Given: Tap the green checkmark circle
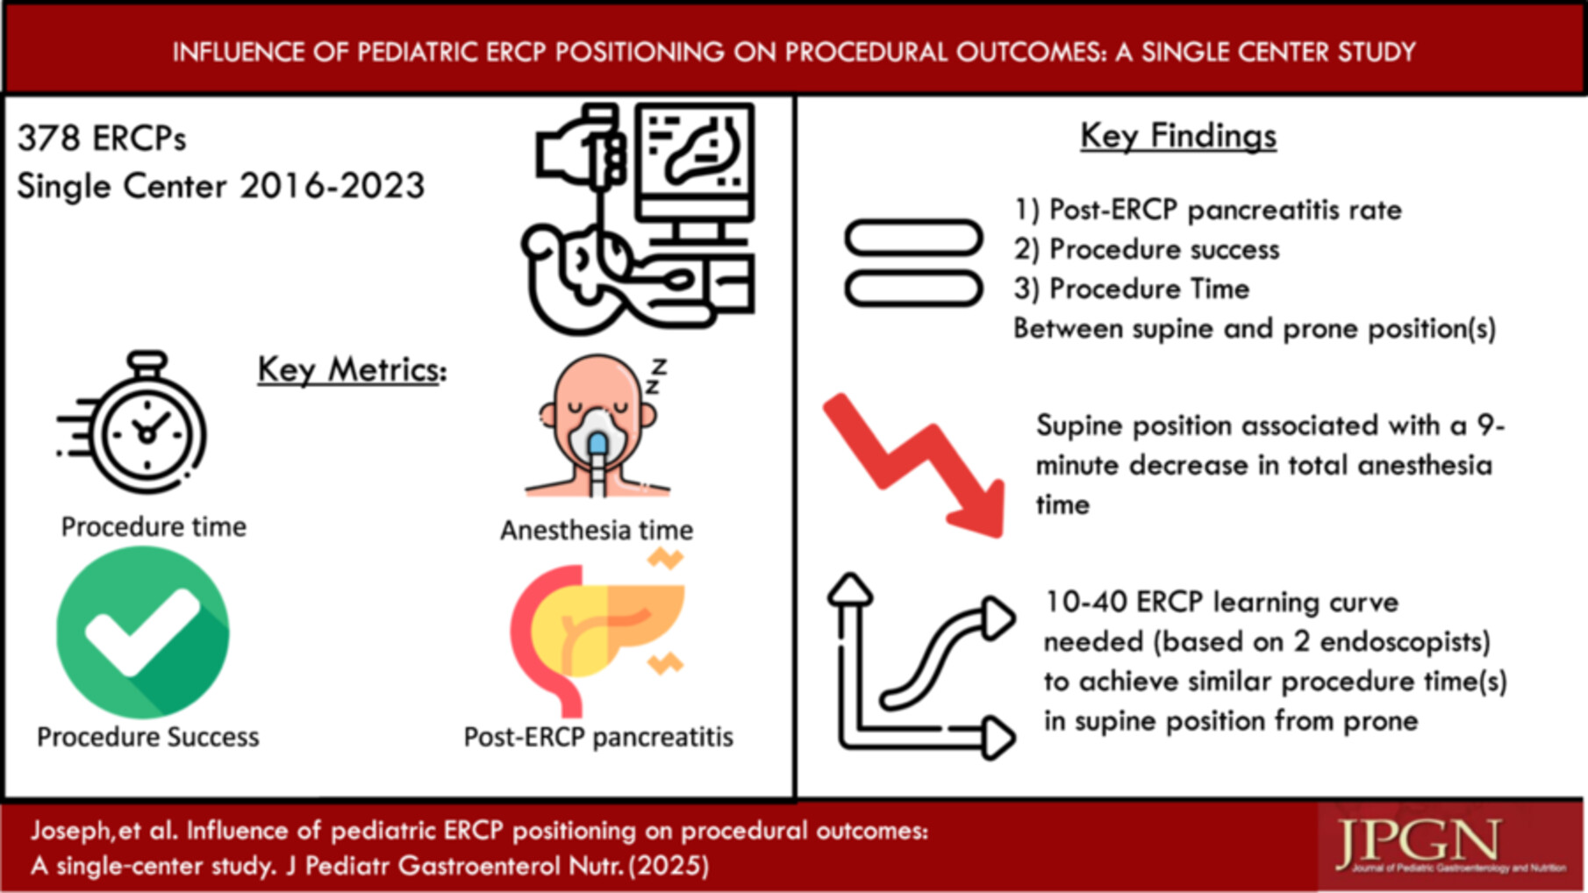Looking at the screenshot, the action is coord(143,632).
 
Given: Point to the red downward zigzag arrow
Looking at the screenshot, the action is coord(912,465).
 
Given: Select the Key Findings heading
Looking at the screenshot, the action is coord(1177,136).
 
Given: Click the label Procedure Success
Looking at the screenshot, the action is coord(147,737).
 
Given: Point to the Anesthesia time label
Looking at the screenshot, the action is coord(597,530).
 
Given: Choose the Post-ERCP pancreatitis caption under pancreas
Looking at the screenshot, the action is coord(598,737).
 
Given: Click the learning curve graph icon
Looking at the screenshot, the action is coord(921,668).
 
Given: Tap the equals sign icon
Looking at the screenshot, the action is coord(913,262).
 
